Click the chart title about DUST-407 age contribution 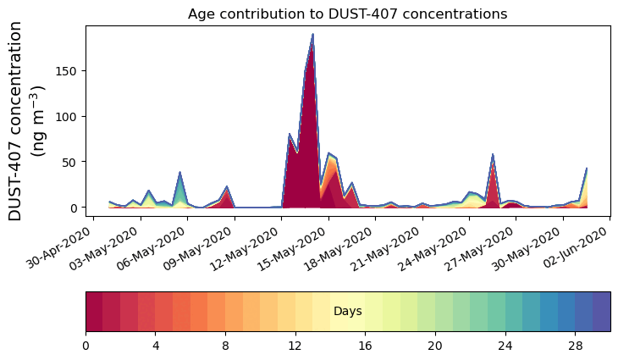tap(347, 14)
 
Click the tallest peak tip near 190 tap(312, 35)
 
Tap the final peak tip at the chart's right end tap(587, 169)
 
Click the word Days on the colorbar tap(348, 312)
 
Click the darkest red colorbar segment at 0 tap(94, 312)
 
